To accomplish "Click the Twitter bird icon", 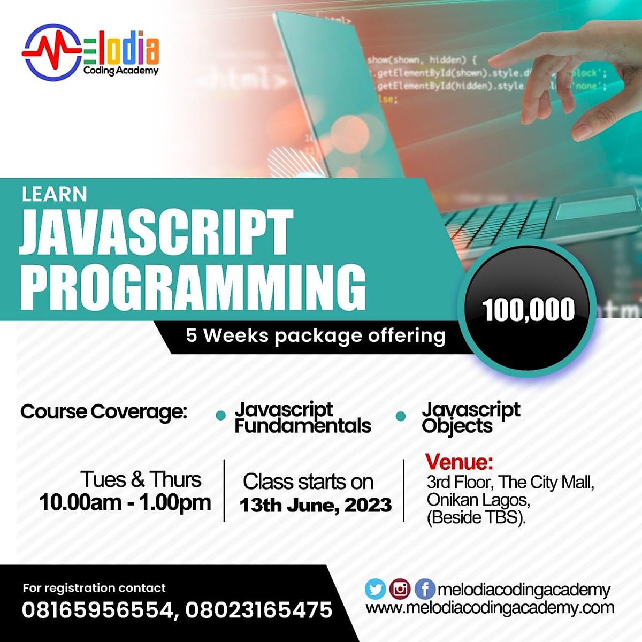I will [375, 590].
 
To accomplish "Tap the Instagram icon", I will [400, 590].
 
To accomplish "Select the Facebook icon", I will [424, 590].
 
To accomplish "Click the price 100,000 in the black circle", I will [528, 310].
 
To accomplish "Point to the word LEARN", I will [54, 194].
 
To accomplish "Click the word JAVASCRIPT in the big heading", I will [156, 232].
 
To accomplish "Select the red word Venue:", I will [459, 461].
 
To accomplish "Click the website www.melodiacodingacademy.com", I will [490, 608].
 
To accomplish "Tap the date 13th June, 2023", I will [316, 505].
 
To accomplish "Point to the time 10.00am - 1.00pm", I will [125, 502].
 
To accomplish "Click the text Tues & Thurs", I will [141, 479].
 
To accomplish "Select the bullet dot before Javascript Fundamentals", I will [220, 416].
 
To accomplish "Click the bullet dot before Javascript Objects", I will [401, 416].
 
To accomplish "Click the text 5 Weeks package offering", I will [316, 336].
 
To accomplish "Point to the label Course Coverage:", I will [104, 412].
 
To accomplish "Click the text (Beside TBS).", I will [476, 518].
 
